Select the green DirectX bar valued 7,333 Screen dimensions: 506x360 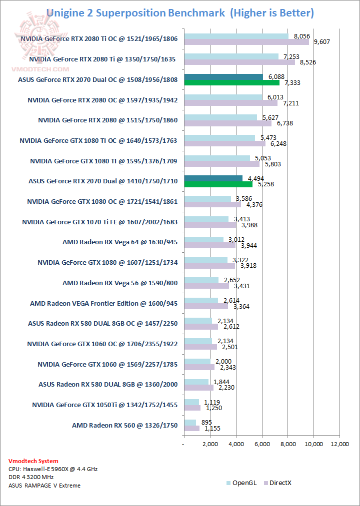231,83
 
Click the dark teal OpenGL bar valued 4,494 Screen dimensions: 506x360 213,178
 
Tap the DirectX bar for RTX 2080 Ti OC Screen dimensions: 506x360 246,42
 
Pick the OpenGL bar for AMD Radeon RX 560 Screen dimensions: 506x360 190,423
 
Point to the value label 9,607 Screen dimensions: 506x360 322,42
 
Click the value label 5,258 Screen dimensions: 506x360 265,184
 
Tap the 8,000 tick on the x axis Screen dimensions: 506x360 288,444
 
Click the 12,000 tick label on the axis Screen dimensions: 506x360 340,444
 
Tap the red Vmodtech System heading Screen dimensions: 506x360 33,461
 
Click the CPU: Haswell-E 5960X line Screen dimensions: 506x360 45,469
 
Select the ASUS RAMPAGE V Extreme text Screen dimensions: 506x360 44,485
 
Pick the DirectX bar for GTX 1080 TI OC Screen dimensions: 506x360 225,144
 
